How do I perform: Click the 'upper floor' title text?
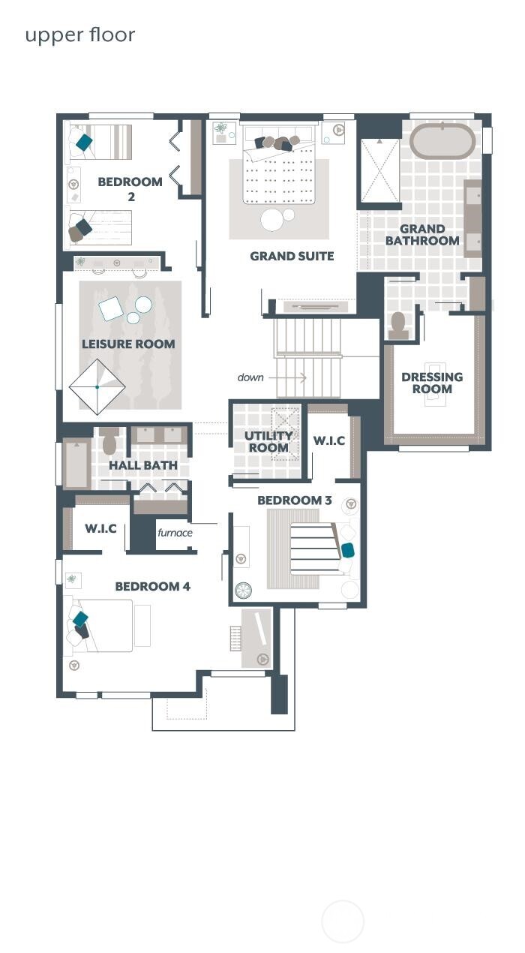coord(80,35)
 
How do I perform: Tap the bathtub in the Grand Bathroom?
coord(442,140)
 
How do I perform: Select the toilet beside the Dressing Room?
coord(398,324)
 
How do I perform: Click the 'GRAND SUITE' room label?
coord(292,257)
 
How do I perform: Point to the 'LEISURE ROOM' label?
coord(128,344)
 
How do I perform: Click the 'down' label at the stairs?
coord(250,377)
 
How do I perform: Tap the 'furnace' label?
coord(175,533)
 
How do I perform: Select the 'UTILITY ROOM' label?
coord(268,442)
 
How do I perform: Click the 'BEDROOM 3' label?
coord(294,501)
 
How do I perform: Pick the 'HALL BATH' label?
coord(143,465)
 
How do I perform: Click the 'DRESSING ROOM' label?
coord(432,383)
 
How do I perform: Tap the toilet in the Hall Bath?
coord(109,442)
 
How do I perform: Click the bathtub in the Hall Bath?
coord(76,464)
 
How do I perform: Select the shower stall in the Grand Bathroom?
coord(380,170)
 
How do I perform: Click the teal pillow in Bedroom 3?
coord(347,550)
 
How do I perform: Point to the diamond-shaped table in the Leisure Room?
coord(97,386)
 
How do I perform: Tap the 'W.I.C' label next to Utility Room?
coord(329,440)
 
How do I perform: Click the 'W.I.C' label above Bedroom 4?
coord(100,528)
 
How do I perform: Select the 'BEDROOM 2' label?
coord(130,188)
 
